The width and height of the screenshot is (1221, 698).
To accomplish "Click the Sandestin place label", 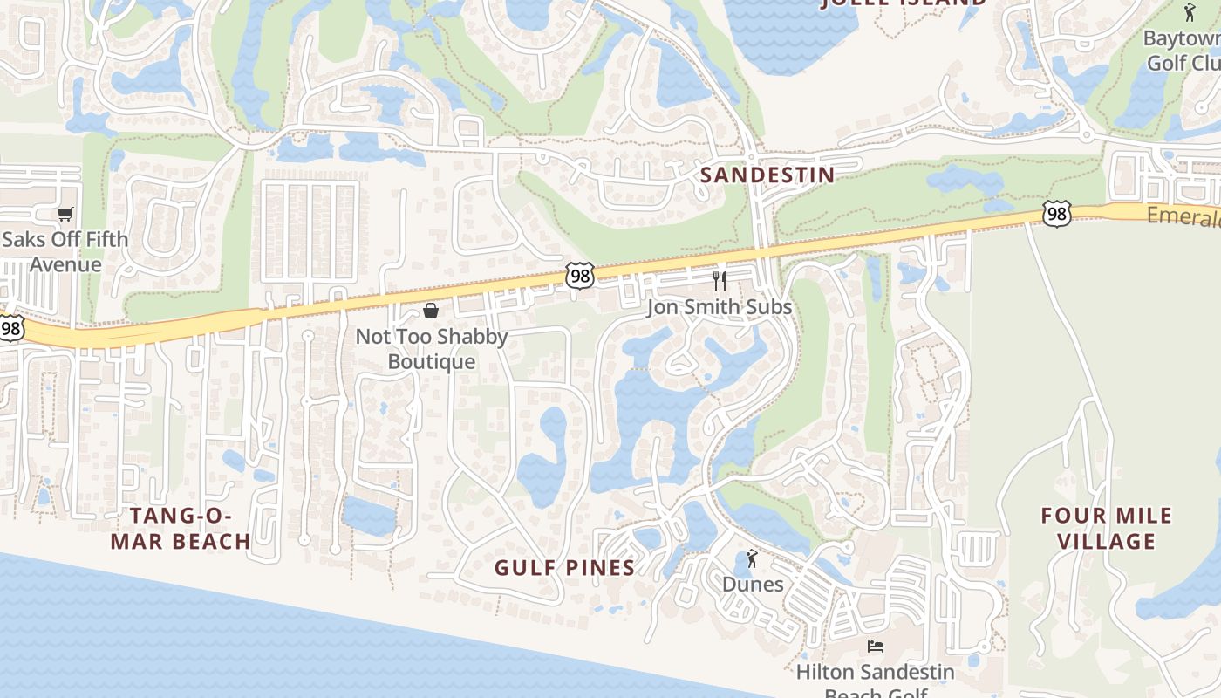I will point(767,174).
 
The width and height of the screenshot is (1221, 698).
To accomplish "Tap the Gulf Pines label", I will point(564,568).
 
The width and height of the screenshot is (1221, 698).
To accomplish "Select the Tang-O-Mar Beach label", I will point(181,528).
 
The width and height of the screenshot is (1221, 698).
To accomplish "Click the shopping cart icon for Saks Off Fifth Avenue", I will point(65,214).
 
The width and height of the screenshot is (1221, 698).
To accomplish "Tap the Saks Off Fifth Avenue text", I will point(65,251).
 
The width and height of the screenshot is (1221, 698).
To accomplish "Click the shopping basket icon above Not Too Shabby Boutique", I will point(431,311).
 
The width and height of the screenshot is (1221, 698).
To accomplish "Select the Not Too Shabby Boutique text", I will point(432,349).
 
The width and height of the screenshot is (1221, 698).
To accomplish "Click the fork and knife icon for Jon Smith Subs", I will point(720,280).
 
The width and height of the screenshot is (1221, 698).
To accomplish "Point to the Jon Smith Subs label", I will point(720,307).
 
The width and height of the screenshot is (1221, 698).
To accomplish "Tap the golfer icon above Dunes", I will point(752,558).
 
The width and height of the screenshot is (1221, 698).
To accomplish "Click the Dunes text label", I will point(752,584).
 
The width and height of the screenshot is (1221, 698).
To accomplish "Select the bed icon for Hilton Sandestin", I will point(876,647).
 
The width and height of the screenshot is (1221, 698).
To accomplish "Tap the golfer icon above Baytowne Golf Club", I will point(1190,12).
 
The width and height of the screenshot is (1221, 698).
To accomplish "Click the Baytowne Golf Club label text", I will point(1182,51).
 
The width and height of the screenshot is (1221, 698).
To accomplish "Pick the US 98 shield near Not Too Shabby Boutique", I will point(580,276).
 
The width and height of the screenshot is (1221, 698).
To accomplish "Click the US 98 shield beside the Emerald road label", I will point(1056,214).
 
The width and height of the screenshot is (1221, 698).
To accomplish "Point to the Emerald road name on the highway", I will point(1183,216).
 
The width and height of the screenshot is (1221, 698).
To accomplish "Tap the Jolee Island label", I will point(904,3).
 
